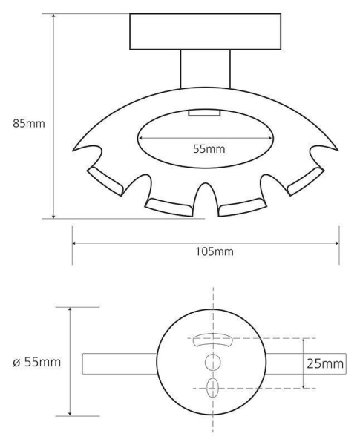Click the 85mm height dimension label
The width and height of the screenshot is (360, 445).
tap(29, 124)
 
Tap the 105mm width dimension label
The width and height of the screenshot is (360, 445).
tap(215, 251)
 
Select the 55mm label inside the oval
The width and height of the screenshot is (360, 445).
tap(209, 149)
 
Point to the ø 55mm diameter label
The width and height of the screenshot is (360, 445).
tap(37, 363)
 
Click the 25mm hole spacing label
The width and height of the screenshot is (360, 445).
tap(325, 364)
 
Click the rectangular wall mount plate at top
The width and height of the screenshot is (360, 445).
tap(205, 31)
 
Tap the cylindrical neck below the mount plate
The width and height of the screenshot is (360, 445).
tap(206, 69)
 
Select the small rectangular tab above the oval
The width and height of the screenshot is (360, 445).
tap(204, 113)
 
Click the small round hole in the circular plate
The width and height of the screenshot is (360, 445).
tap(213, 362)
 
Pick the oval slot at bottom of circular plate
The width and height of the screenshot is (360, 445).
tap(212, 388)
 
